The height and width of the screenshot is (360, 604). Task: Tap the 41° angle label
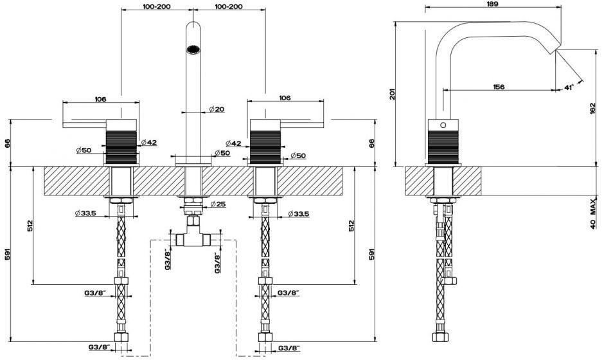pyautogui.click(x=568, y=86)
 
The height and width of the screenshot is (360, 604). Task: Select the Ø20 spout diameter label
pyautogui.click(x=217, y=109)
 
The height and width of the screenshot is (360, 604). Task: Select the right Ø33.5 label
pyautogui.click(x=299, y=213)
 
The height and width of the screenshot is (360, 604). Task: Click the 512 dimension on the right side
pyautogui.click(x=351, y=227)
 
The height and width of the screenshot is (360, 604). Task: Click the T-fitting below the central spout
pyautogui.click(x=193, y=238)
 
